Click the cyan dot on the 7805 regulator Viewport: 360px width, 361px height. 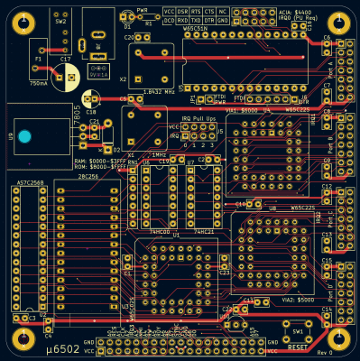(x=25, y=136)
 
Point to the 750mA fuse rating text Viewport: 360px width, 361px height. (x=39, y=83)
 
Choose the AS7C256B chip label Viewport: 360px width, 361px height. (x=31, y=183)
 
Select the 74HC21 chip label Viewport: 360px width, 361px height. (x=203, y=231)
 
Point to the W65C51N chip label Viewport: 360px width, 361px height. (x=195, y=29)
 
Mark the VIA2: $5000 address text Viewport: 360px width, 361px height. (x=300, y=298)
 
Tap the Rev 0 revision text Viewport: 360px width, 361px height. (x=326, y=352)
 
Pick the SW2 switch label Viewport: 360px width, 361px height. (x=60, y=21)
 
